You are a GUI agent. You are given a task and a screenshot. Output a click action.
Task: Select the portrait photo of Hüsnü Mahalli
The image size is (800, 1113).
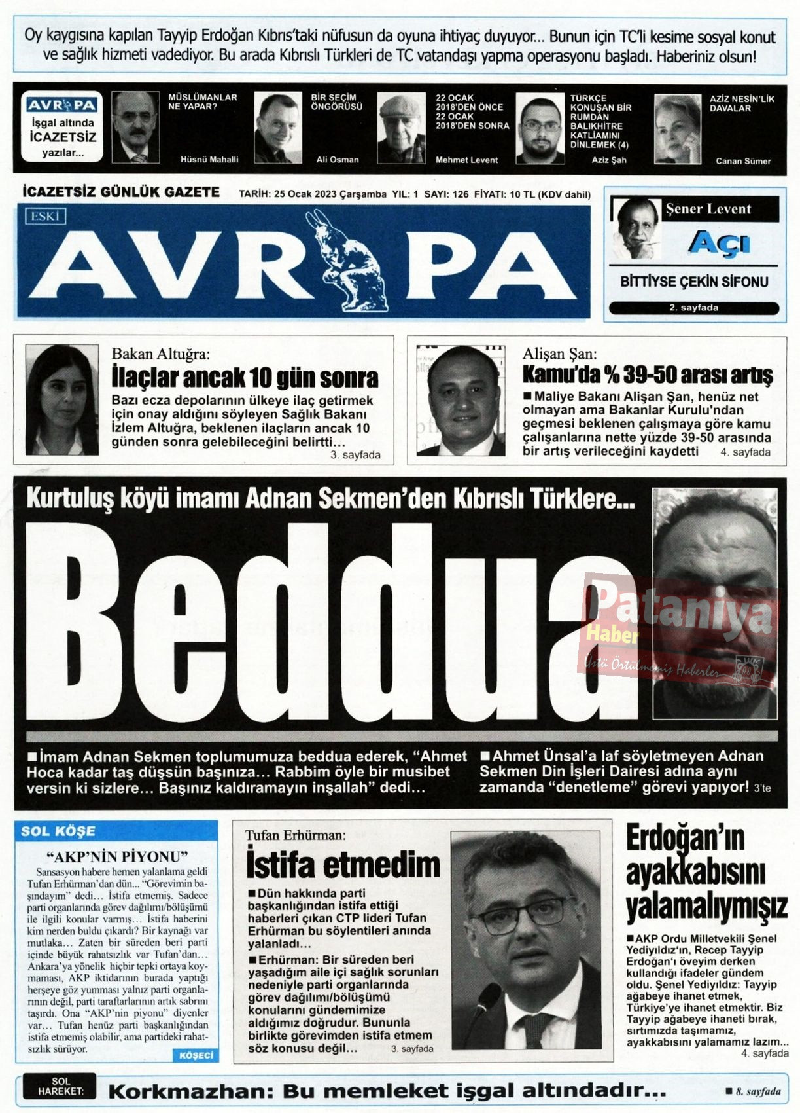[135, 127]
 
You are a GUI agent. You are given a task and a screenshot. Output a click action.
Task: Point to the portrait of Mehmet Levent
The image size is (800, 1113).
[401, 128]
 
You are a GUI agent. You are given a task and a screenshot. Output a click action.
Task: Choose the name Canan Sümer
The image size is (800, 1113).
[743, 161]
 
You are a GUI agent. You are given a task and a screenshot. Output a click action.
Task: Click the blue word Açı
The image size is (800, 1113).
[718, 244]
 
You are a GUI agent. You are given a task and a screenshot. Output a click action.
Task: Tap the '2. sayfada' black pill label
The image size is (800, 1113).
[693, 308]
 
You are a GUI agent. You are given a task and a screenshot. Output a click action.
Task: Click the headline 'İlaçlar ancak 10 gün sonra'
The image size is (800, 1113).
[245, 378]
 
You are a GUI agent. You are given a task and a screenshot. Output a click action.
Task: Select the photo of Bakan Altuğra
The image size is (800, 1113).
[61, 400]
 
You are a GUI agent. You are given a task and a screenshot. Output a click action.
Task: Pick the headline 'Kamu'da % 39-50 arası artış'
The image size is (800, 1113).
[647, 375]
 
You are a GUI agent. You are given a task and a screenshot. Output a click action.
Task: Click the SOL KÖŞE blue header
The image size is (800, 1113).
[58, 831]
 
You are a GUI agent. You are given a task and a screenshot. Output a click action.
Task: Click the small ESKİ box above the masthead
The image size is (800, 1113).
[45, 216]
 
